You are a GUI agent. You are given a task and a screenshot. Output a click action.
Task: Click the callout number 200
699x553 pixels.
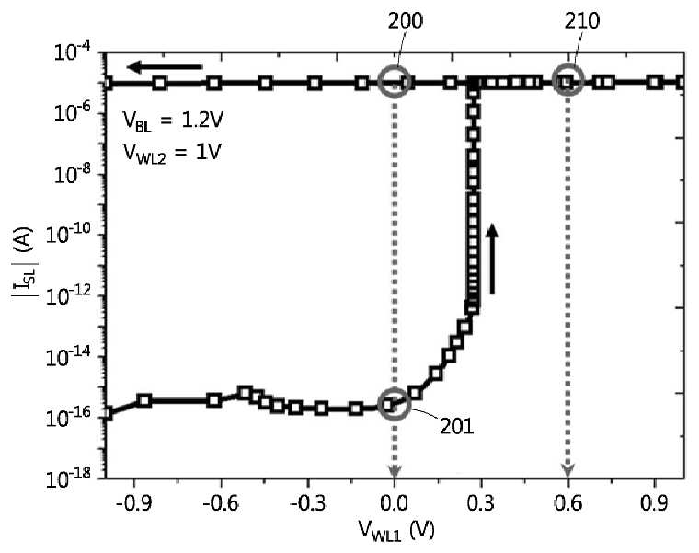coord(405,20)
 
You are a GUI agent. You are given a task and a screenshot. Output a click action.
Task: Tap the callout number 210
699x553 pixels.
coord(582,20)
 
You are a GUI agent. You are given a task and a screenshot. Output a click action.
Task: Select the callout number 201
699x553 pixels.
coord(457,427)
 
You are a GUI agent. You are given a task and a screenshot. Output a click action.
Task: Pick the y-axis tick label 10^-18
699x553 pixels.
coord(73,478)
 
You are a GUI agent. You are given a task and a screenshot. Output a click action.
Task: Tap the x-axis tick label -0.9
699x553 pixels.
coord(132,503)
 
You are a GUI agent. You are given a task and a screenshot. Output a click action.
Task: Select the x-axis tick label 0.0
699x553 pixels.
coord(394,503)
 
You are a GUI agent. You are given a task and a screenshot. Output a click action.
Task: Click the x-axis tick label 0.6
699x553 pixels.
coord(567,503)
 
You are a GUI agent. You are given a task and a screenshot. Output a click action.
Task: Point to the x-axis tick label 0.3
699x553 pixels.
coord(480,503)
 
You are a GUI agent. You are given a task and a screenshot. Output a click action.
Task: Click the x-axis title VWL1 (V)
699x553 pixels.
coord(395,531)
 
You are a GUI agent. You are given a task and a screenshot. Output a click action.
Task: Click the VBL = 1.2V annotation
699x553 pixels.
coord(172,121)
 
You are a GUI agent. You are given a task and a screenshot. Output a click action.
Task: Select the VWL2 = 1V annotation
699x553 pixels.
coord(172,154)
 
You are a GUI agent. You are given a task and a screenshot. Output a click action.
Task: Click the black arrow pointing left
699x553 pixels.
coord(165,67)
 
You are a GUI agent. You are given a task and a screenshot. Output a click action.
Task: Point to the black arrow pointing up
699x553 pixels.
coord(492,259)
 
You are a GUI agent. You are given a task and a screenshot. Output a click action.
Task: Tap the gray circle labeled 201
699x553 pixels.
coord(378,404)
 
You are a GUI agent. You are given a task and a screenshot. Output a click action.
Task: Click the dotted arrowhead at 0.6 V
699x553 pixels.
coord(567,471)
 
